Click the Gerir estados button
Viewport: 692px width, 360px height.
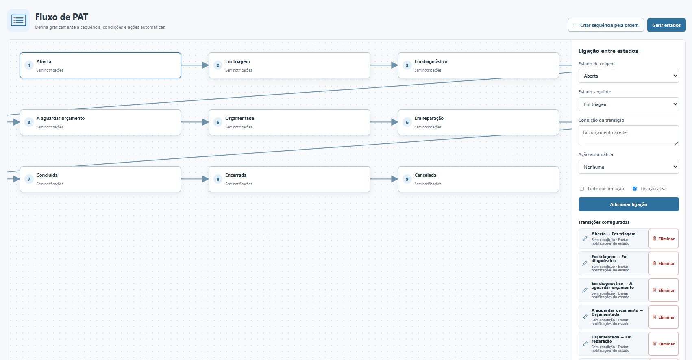point(666,25)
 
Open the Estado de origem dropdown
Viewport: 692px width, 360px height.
point(628,76)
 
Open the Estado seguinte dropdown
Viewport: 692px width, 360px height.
point(628,104)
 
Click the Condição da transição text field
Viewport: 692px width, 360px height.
point(628,135)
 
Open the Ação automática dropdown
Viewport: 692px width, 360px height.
point(628,167)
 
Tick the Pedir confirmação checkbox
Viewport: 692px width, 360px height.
point(582,189)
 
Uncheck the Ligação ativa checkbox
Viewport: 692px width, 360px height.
point(635,189)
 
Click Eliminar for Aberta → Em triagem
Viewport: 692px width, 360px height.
point(664,239)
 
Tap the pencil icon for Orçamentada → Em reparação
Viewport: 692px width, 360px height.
point(585,344)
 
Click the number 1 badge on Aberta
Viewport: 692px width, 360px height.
point(29,65)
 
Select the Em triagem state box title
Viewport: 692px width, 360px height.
point(237,61)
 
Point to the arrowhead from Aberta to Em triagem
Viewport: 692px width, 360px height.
point(205,65)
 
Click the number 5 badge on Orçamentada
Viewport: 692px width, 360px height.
point(218,122)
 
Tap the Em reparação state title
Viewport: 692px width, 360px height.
point(429,118)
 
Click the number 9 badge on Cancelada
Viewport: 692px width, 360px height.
point(407,179)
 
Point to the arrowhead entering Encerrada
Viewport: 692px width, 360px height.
point(205,179)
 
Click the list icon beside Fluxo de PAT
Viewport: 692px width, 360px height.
point(18,20)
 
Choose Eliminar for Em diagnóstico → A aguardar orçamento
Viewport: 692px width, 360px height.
point(664,290)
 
